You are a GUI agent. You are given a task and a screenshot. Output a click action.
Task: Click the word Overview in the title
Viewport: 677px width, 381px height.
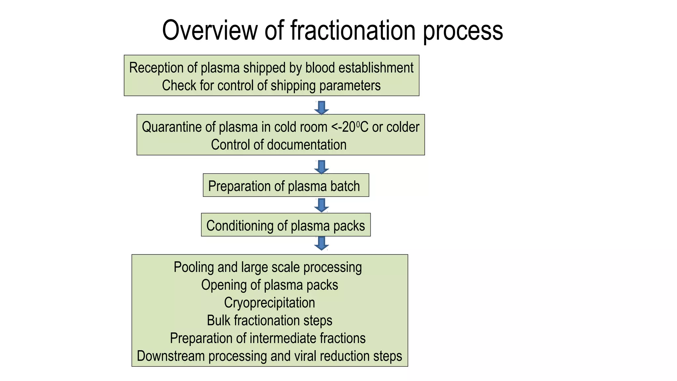210,30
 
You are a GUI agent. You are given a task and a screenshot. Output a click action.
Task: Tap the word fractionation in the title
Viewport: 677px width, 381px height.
353,30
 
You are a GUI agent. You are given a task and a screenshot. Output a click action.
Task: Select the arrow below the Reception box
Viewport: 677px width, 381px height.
321,108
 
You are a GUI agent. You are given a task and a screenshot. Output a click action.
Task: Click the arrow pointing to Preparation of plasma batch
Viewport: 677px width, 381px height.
321,167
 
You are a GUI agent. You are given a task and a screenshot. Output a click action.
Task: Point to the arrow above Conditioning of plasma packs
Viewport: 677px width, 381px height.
321,205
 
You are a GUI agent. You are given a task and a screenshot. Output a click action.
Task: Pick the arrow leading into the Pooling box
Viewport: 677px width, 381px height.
321,243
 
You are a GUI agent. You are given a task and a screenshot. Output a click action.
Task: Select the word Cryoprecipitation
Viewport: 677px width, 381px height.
269,303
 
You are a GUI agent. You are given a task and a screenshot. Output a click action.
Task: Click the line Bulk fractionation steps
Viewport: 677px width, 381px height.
269,320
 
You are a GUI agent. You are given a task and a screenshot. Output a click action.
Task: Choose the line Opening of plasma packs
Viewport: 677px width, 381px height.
269,285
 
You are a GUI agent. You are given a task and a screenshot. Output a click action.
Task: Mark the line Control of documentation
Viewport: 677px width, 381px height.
279,145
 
